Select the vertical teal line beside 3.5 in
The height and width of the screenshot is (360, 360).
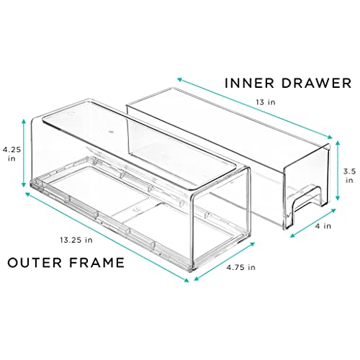335,176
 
